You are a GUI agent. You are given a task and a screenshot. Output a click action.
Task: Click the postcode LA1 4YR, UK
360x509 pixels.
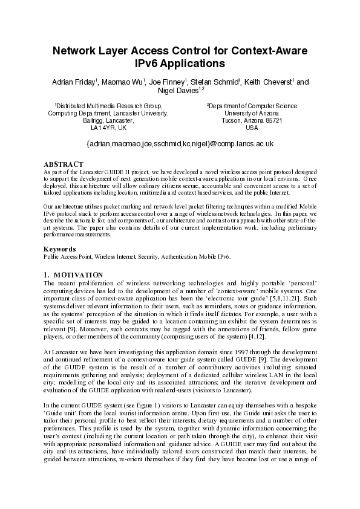pos(108,128)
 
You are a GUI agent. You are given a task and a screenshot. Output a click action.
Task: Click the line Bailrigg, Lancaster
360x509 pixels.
pos(108,120)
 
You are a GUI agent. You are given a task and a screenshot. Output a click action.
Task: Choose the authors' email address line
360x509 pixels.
pos(180,144)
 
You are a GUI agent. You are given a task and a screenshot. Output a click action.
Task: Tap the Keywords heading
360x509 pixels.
pos(60,248)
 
